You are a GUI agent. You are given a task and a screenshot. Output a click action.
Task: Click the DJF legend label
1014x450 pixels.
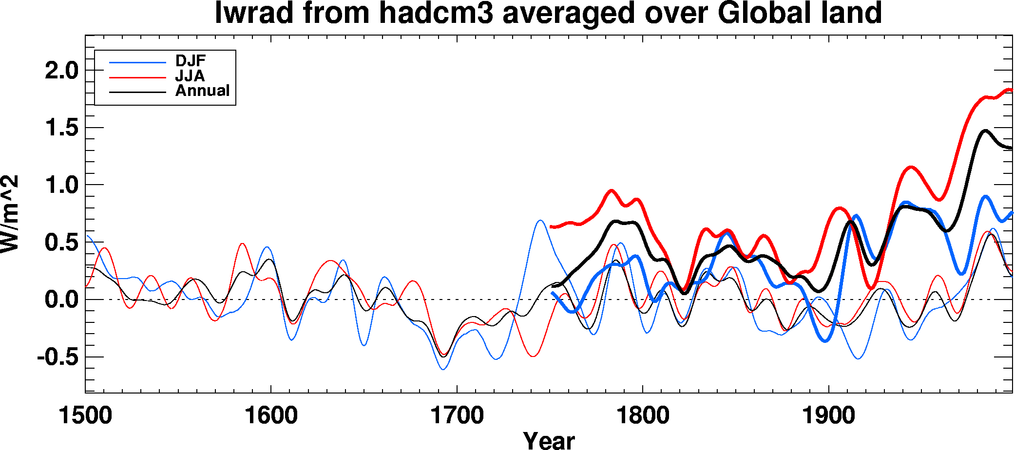pyautogui.click(x=191, y=61)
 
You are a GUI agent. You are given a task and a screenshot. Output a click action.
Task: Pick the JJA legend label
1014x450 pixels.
pyautogui.click(x=190, y=76)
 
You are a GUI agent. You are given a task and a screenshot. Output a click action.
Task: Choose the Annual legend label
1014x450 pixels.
pyautogui.click(x=202, y=91)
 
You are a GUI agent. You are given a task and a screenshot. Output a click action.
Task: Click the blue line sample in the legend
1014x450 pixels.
pyautogui.click(x=137, y=62)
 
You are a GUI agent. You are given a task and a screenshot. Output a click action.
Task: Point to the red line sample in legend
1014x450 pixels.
pyautogui.click(x=137, y=77)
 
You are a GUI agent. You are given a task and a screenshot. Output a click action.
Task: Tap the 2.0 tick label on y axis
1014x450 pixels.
pyautogui.click(x=61, y=71)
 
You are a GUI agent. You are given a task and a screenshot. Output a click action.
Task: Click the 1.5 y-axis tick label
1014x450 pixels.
pyautogui.click(x=61, y=128)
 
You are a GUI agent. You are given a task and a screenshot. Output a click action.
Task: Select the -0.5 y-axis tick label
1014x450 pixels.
pyautogui.click(x=57, y=357)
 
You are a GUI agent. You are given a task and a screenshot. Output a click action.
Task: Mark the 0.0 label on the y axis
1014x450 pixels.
pyautogui.click(x=61, y=300)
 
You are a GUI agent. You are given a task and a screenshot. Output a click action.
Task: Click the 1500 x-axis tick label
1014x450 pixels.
pyautogui.click(x=85, y=416)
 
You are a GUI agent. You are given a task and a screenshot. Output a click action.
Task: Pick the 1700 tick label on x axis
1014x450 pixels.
pyautogui.click(x=457, y=416)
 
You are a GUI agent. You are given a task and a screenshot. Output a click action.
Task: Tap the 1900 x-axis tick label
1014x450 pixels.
pyautogui.click(x=828, y=416)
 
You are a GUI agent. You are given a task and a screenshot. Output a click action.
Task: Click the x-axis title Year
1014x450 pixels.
pyautogui.click(x=549, y=440)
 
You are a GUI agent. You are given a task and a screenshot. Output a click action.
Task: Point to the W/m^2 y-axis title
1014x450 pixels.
pyautogui.click(x=10, y=214)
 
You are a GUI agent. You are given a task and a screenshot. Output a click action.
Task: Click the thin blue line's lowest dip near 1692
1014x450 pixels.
pyautogui.click(x=443, y=369)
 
